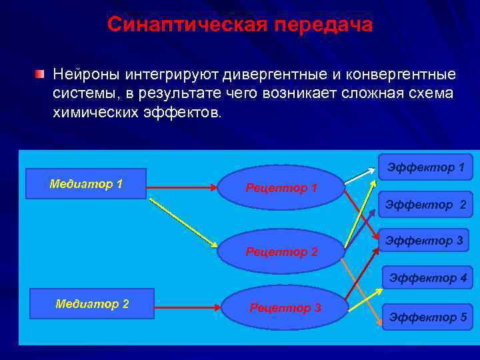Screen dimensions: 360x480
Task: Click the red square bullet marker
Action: tap(41, 72)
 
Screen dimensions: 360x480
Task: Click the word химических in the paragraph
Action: tap(97, 111)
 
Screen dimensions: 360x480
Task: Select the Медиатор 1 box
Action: tap(85, 184)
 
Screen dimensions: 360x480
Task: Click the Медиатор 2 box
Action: tap(92, 304)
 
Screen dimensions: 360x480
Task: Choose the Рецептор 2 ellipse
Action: tap(282, 251)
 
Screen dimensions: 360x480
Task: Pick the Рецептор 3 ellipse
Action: tap(285, 307)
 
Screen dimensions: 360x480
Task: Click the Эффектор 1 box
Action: tap(425, 167)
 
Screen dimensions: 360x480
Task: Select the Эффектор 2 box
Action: tap(425, 205)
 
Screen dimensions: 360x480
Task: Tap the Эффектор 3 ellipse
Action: tap(423, 241)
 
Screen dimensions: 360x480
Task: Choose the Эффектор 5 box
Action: tap(427, 317)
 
